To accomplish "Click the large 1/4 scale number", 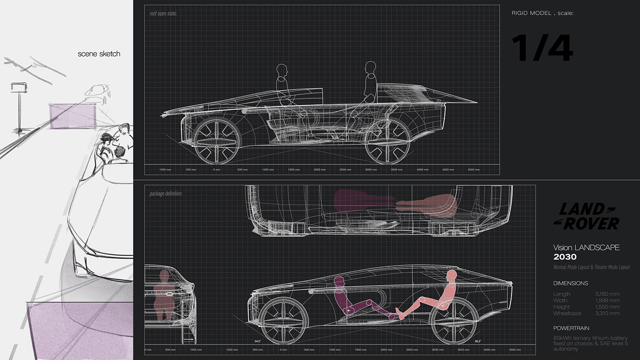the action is pyautogui.click(x=542, y=48).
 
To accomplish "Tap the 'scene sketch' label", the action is pyautogui.click(x=99, y=54).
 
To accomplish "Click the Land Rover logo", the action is pyautogui.click(x=587, y=217).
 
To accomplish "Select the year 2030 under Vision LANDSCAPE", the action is pyautogui.click(x=565, y=257).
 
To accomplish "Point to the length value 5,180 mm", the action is pyautogui.click(x=608, y=294).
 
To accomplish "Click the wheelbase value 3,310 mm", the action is pyautogui.click(x=608, y=313).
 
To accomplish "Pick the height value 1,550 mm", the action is pyautogui.click(x=608, y=307).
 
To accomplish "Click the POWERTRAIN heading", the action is pyautogui.click(x=571, y=328).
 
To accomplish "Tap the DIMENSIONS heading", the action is pyautogui.click(x=571, y=283).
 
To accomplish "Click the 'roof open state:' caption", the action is pyautogui.click(x=163, y=14).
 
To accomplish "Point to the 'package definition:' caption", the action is pyautogui.click(x=166, y=194).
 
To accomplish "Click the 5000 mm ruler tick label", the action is pyautogui.click(x=474, y=170).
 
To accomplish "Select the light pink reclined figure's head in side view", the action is pyautogui.click(x=452, y=276).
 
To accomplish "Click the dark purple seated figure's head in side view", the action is pyautogui.click(x=338, y=281).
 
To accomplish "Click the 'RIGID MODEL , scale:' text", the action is pyautogui.click(x=542, y=13).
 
